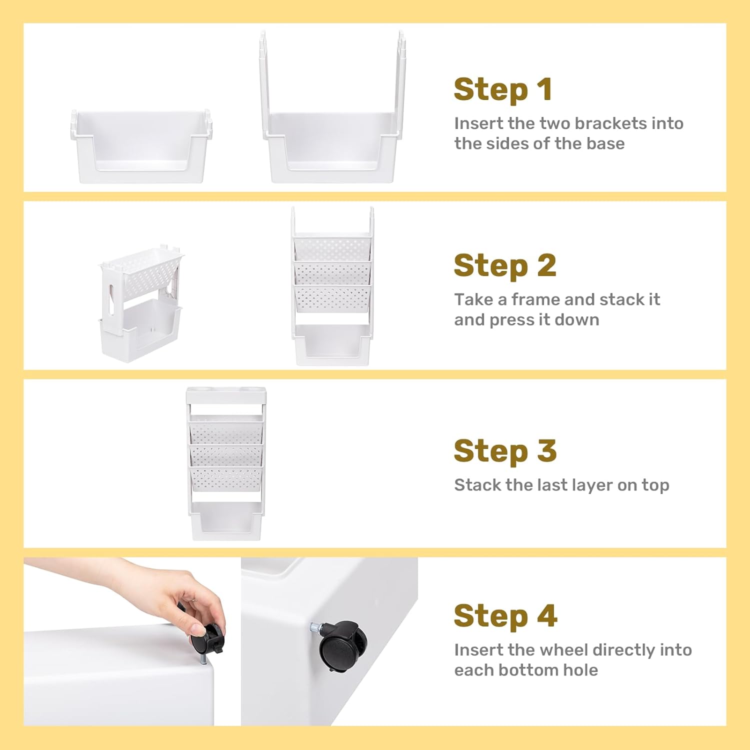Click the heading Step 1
tap(503, 90)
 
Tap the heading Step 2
tap(505, 265)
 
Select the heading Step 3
tap(505, 450)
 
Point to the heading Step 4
tap(505, 615)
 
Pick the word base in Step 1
tap(605, 143)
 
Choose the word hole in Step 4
tap(580, 670)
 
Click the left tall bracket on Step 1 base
tap(263, 85)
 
